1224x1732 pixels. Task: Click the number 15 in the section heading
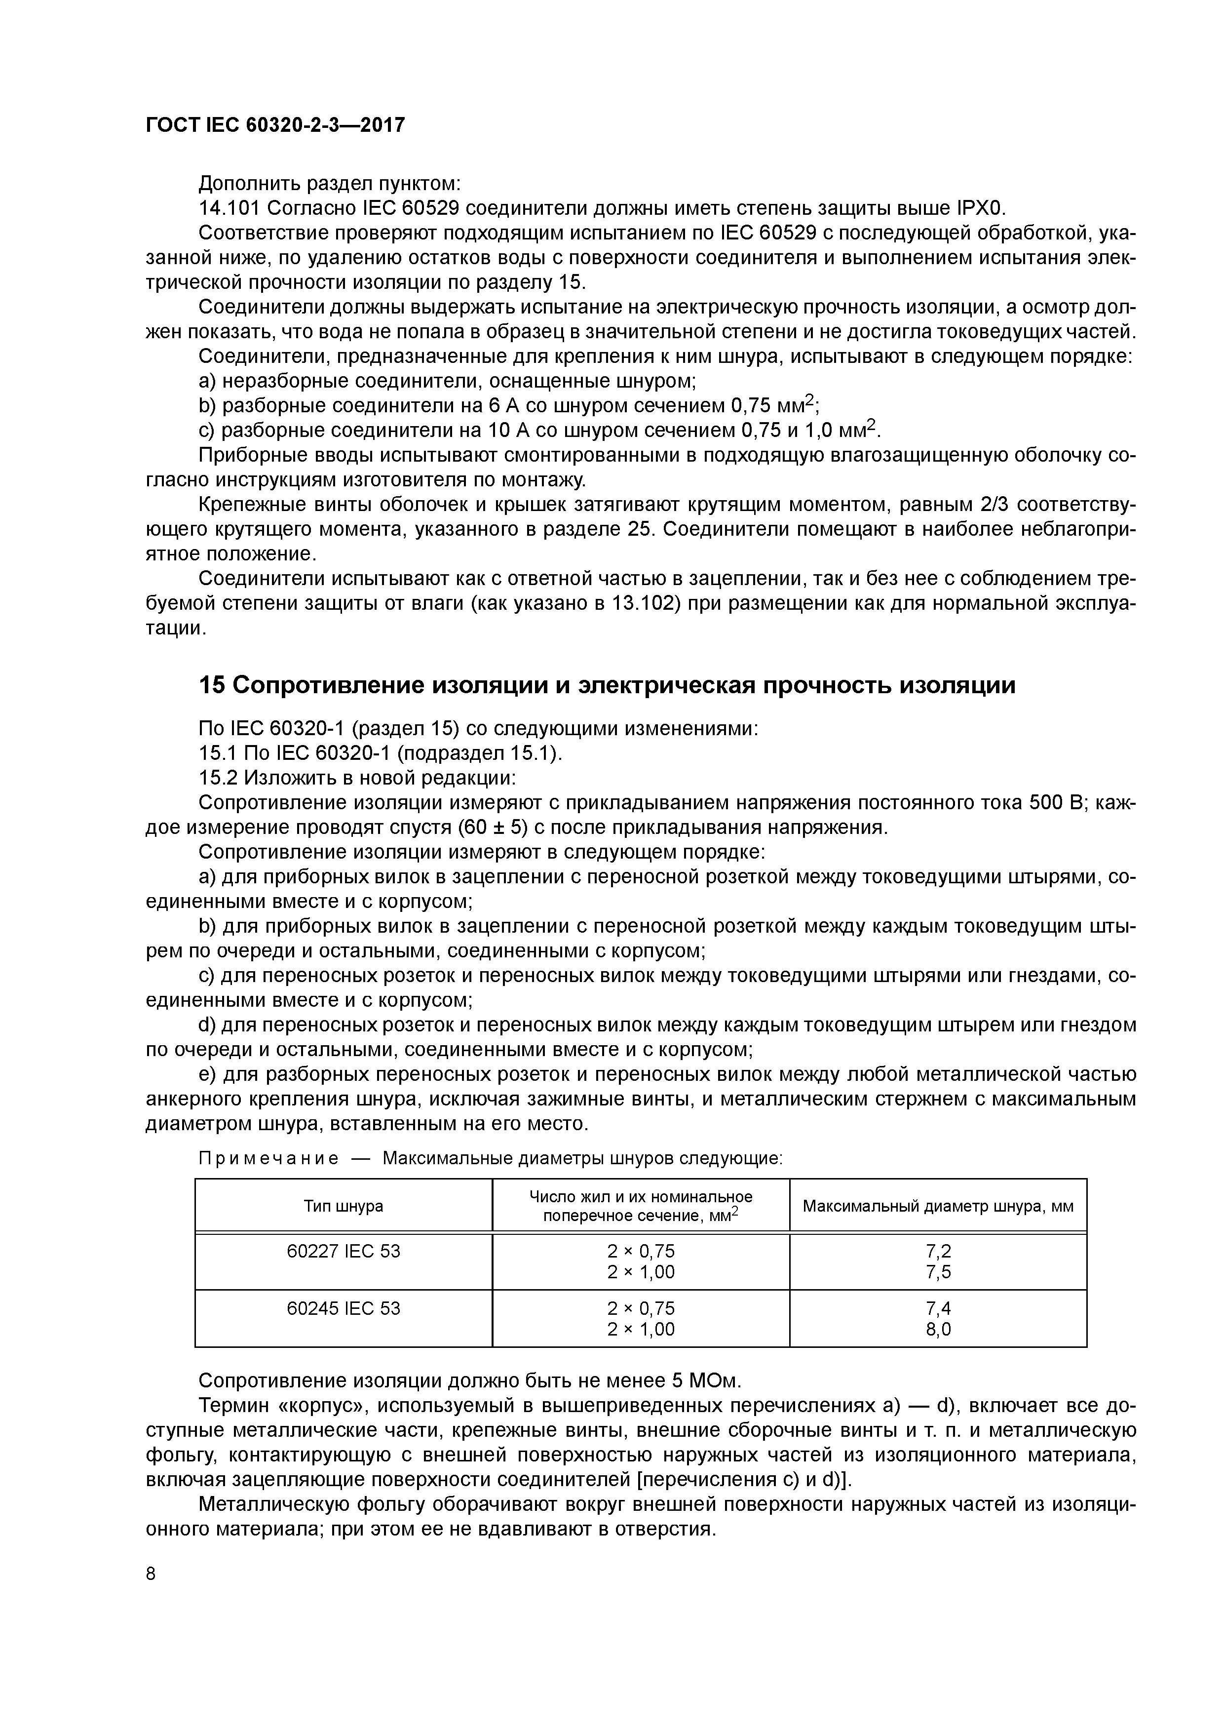pos(211,685)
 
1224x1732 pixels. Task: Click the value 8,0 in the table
pos(938,1329)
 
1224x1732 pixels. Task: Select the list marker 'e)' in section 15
pos(208,1074)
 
